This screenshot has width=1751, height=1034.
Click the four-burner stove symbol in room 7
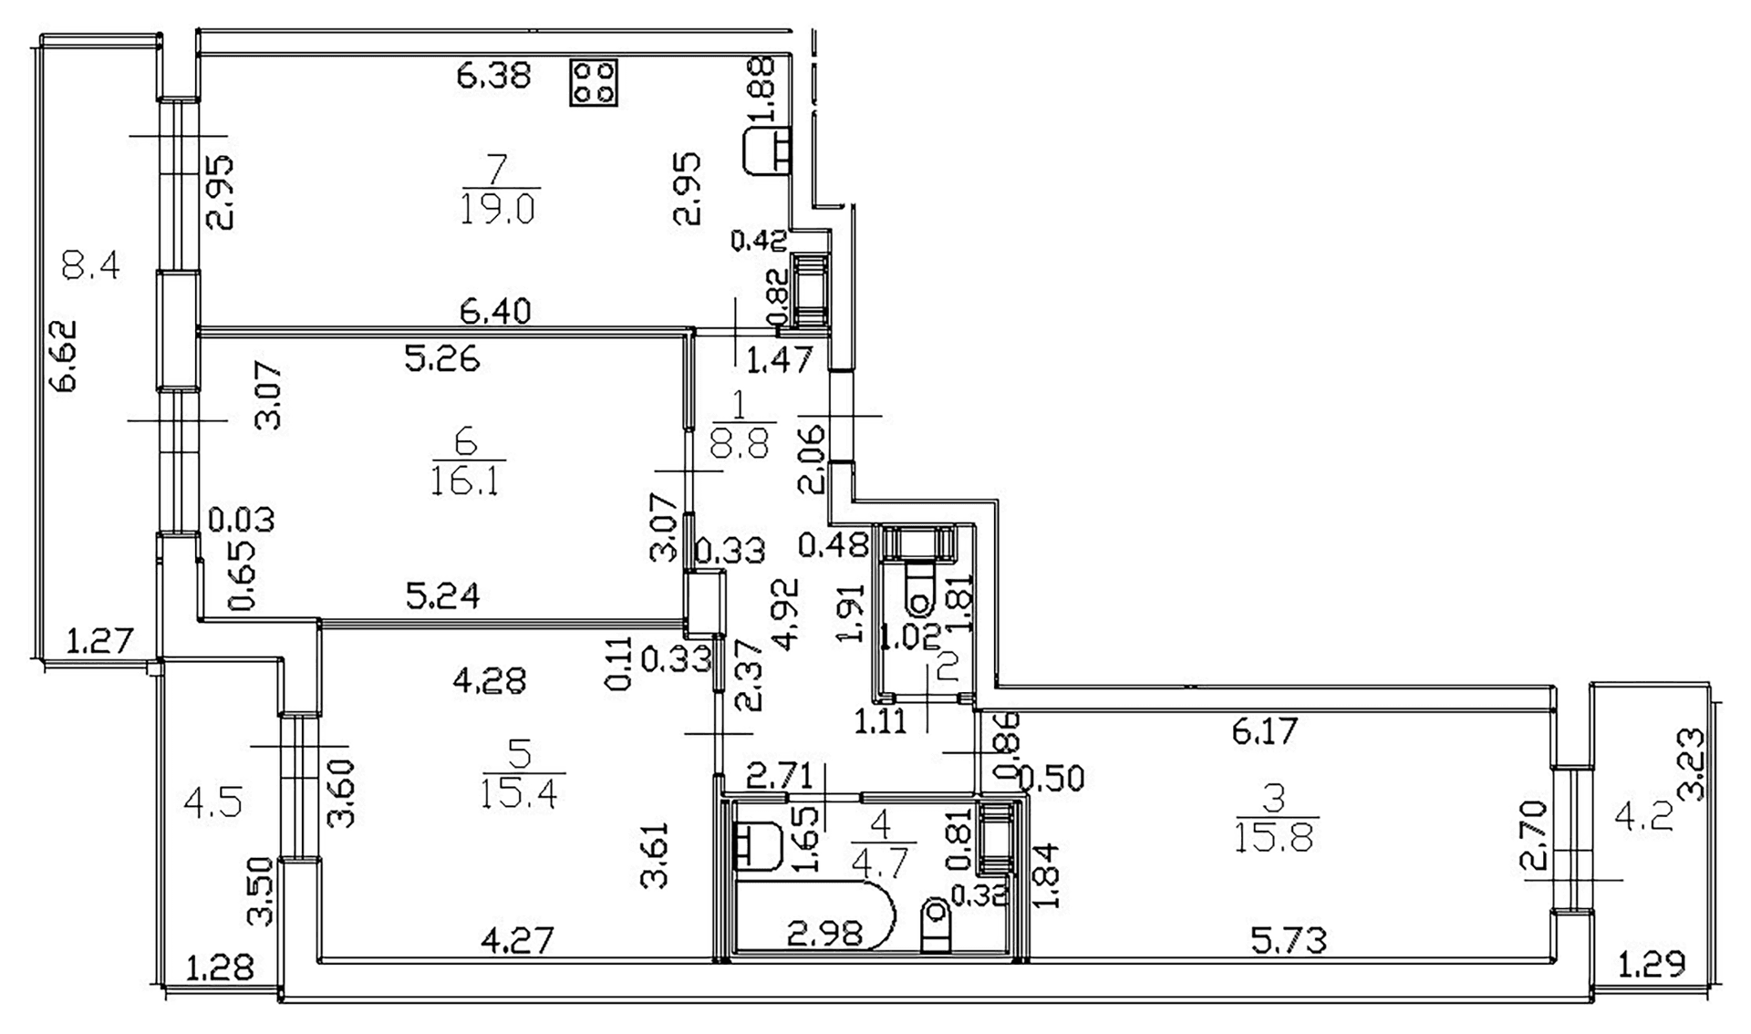(x=593, y=83)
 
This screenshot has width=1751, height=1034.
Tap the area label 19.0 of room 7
(x=499, y=209)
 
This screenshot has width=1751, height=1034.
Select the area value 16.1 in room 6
(x=466, y=479)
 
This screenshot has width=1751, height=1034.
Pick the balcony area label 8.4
(x=90, y=266)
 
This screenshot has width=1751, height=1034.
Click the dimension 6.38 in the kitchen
(x=493, y=74)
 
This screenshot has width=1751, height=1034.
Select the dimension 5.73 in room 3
(x=1289, y=940)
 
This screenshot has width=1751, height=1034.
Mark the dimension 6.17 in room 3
(x=1264, y=731)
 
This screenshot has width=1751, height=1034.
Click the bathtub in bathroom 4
(x=812, y=915)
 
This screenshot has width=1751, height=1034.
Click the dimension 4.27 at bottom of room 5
(x=517, y=940)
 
